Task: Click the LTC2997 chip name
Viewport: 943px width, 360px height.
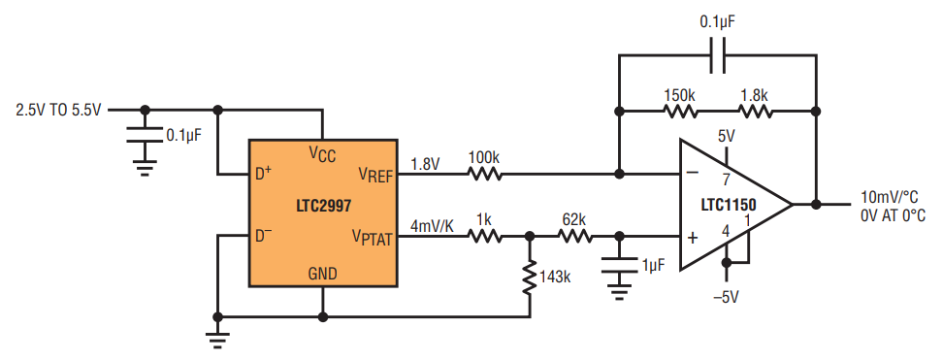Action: pos(324,206)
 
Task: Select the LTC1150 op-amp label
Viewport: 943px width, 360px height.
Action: pos(729,206)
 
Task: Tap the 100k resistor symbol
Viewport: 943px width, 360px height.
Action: pos(484,174)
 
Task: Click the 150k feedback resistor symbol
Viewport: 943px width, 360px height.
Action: pos(681,112)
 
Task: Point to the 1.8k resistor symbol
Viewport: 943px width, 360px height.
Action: pos(756,112)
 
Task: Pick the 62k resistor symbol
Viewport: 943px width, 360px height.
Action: pos(575,236)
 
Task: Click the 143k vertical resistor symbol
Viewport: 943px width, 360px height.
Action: pos(530,278)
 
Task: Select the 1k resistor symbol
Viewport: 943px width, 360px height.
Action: pos(485,236)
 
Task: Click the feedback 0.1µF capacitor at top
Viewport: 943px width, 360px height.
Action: pos(718,55)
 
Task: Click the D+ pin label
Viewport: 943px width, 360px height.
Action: pos(263,174)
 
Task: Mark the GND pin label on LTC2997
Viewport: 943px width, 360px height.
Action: pos(323,274)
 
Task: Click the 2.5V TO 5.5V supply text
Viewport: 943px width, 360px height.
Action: pos(59,111)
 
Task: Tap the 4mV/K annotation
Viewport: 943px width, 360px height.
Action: pos(432,227)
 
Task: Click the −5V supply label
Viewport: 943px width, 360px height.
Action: pos(726,297)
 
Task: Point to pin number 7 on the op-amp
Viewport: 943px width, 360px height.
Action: pos(726,179)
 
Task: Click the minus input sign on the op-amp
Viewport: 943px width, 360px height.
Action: pos(693,173)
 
